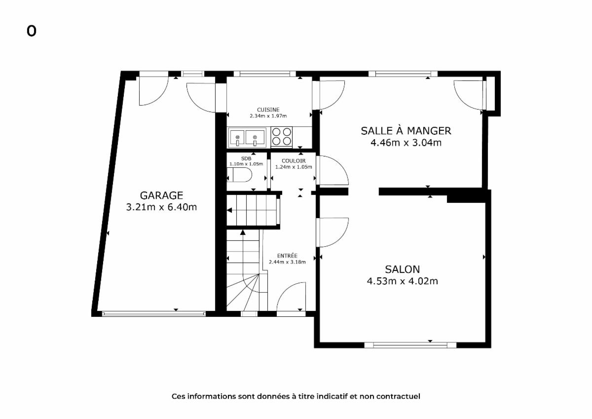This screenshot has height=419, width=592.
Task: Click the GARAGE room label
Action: pos(161,195)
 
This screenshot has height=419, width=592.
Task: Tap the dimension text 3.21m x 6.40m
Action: pos(161,207)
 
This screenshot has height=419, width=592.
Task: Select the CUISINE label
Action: pos(268,110)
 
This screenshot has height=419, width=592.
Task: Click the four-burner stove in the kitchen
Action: pos(282,136)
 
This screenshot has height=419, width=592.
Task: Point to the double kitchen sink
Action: pos(247,138)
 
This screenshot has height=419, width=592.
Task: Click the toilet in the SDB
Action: pos(239,175)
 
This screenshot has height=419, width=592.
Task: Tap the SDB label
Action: pos(246,158)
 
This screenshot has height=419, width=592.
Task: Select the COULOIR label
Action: pos(294,161)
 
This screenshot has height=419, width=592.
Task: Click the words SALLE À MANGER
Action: pos(406,131)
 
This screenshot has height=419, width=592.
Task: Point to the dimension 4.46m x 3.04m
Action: pos(406,143)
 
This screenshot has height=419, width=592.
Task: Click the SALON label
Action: pos(402,269)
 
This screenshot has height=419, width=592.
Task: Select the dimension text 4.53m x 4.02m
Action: pos(402,281)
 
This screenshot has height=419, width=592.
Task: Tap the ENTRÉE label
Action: pos(287,256)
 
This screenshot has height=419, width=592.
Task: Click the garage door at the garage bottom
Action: pos(154,314)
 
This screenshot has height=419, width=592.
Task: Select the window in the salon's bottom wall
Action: pos(410,345)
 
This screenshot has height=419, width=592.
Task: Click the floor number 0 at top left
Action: pos(31,31)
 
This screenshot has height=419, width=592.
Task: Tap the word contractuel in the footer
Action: pos(398,396)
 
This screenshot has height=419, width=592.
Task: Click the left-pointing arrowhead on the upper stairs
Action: pos(229,210)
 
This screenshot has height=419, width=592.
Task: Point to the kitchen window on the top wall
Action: pos(264,74)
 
